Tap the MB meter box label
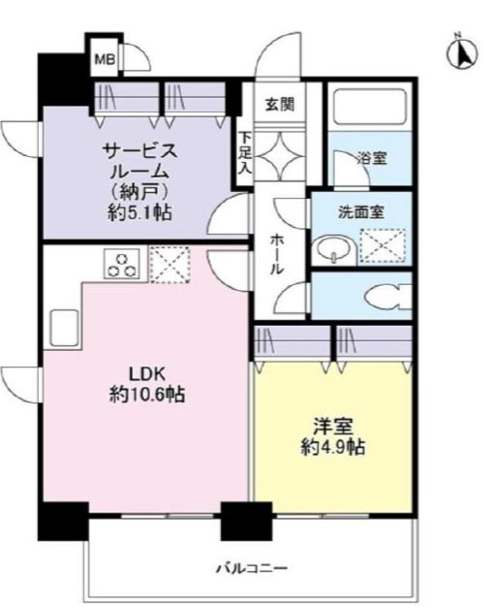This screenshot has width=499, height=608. (103, 61)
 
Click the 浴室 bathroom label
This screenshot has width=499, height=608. (371, 158)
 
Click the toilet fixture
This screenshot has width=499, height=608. (387, 298)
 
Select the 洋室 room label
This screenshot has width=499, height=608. (330, 428)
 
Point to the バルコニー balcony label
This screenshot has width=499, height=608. (251, 568)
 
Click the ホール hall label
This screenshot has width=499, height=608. (277, 255)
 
